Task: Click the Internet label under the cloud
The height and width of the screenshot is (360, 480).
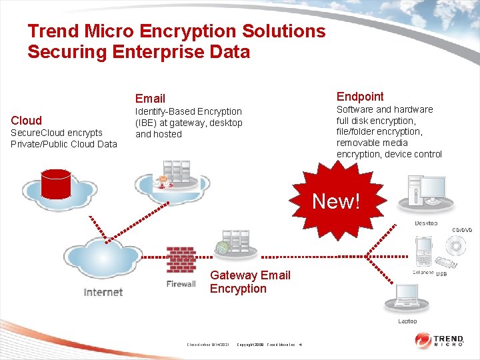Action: click(103, 292)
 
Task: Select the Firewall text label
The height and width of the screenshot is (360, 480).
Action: click(181, 284)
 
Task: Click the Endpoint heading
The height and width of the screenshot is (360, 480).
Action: click(360, 97)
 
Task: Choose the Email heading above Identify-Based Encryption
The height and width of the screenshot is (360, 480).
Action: click(150, 99)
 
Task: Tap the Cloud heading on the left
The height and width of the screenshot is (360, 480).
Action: click(26, 121)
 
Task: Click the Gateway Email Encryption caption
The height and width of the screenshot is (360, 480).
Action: click(250, 282)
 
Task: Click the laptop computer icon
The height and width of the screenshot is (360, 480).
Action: click(406, 299)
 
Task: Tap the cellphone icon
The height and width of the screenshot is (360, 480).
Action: click(425, 252)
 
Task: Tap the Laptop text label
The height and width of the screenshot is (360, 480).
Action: click(407, 321)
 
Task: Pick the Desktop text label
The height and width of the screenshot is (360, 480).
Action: click(426, 223)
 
